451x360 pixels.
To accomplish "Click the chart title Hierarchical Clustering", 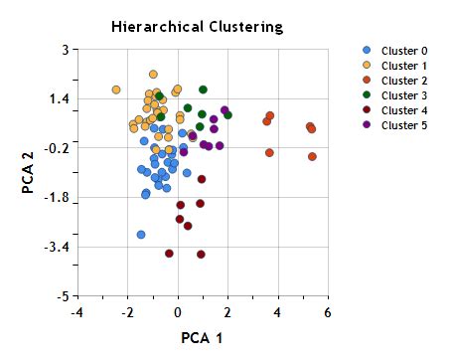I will pyautogui.click(x=197, y=27).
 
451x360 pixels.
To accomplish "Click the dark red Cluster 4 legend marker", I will pyautogui.click(x=368, y=109).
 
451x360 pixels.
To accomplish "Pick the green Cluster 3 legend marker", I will pyautogui.click(x=368, y=94).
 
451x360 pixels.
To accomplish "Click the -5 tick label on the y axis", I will pyautogui.click(x=63, y=296).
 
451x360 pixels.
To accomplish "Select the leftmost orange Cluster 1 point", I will pyautogui.click(x=116, y=90).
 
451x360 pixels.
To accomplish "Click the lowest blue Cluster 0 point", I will pyautogui.click(x=141, y=235).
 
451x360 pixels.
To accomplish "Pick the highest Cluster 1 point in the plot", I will pyautogui.click(x=153, y=74).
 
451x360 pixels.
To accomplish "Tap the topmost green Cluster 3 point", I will pyautogui.click(x=203, y=90).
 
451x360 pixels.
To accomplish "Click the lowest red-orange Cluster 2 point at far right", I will pyautogui.click(x=312, y=156).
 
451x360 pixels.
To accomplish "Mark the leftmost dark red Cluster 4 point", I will pyautogui.click(x=169, y=254).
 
